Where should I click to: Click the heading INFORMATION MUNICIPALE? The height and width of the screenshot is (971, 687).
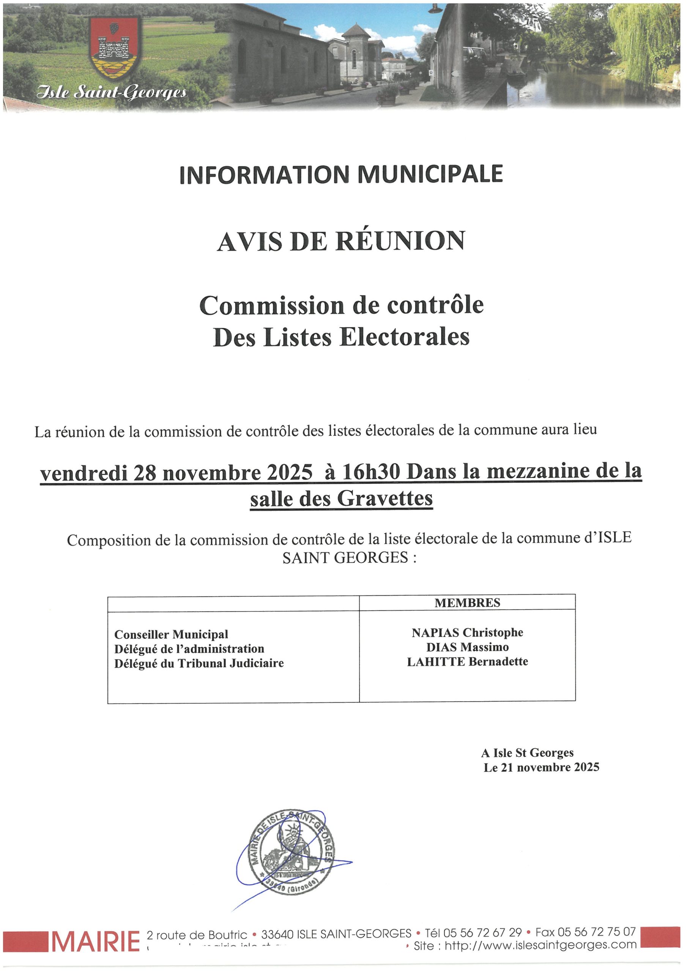coord(341,174)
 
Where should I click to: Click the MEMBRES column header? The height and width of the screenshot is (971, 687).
coord(467,603)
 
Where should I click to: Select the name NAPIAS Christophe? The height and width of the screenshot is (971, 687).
coord(467,633)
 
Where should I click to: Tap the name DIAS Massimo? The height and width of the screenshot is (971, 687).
coord(467,647)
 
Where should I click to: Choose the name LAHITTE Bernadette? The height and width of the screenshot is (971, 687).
coord(467,661)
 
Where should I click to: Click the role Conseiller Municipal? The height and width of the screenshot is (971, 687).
coord(171,634)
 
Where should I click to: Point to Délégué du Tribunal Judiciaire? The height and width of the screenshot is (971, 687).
coord(199,663)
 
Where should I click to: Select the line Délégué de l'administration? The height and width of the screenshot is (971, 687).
coord(189,649)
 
